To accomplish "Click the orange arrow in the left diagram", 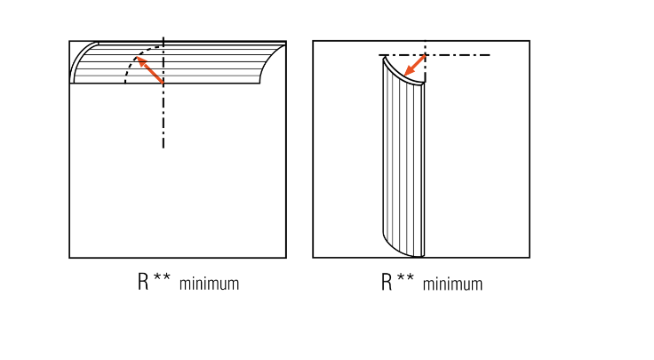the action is (150, 70).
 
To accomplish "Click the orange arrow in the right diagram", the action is (415, 65).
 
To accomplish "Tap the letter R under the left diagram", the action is (143, 282).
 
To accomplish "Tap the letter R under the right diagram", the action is (387, 282).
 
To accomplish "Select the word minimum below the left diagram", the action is (210, 284).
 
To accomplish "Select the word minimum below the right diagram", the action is (452, 284).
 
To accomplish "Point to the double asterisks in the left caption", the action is (162, 278).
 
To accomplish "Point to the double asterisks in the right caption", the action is (405, 278).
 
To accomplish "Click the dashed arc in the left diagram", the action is (132, 60).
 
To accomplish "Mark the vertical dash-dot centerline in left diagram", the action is (163, 92).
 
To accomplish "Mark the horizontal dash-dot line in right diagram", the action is (435, 54).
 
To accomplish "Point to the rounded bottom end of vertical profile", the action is (402, 249).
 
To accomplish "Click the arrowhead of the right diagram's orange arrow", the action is (409, 71).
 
